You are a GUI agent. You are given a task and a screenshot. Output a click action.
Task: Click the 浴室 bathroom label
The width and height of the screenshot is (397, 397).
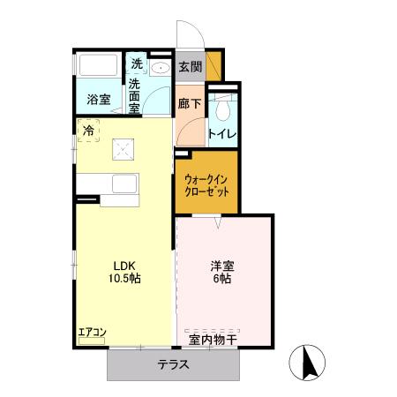(98, 100)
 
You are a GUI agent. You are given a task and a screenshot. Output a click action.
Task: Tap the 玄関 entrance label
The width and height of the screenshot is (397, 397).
(189, 66)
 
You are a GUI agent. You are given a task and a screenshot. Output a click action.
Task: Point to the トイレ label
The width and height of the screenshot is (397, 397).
(221, 134)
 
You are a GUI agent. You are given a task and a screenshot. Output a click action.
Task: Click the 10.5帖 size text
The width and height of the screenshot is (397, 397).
(123, 278)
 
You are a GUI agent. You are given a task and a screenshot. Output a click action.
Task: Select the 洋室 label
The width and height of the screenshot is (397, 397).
(221, 264)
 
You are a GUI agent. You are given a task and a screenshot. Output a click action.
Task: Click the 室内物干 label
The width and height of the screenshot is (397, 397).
(211, 338)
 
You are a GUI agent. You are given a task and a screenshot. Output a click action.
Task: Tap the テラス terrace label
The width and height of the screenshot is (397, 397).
(174, 365)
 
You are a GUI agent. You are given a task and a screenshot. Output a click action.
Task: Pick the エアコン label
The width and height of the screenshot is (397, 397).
(92, 333)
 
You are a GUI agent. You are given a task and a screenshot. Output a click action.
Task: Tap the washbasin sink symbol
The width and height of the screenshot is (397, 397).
(161, 68)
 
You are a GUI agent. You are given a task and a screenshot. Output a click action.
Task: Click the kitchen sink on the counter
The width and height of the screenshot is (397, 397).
(124, 186)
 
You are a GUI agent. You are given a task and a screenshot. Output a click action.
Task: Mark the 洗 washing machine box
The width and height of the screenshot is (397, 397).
(136, 64)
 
